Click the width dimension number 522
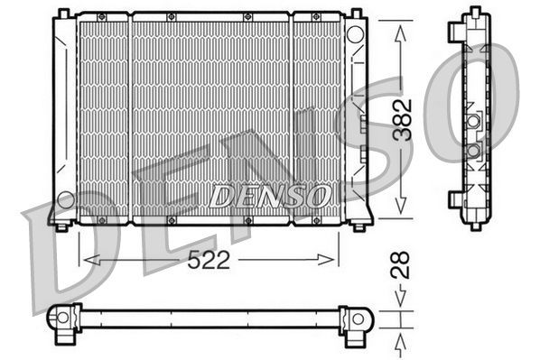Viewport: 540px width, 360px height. pyautogui.click(x=209, y=261)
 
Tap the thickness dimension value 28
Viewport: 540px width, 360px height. pyautogui.click(x=403, y=263)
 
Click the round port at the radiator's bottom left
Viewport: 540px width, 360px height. pyautogui.click(x=65, y=198)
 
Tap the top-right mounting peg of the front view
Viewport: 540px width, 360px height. pyautogui.click(x=354, y=12)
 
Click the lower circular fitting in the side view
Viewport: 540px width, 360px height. pyautogui.click(x=472, y=149)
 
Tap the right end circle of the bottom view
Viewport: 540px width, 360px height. pyautogui.click(x=355, y=318)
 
